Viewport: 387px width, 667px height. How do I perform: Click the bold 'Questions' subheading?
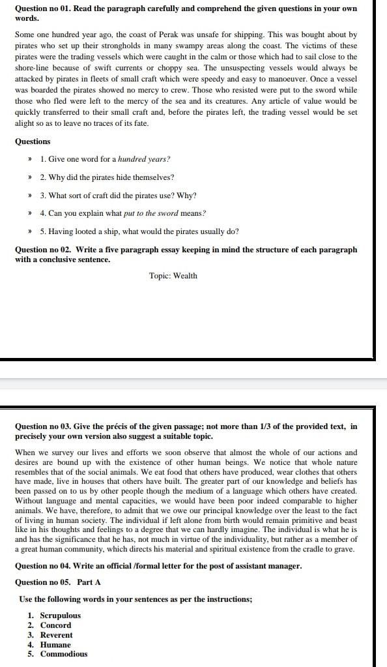pos(33,141)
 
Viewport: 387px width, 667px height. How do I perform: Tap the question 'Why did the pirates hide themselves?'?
pos(107,177)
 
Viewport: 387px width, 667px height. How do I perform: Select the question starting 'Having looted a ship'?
pos(139,231)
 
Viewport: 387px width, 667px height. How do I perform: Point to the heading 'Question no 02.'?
pos(44,250)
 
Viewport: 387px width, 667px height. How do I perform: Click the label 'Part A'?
pos(89,582)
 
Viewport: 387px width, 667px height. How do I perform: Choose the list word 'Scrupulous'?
pos(61,615)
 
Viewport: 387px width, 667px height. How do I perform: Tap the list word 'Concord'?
pos(56,625)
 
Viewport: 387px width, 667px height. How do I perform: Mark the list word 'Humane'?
pos(55,645)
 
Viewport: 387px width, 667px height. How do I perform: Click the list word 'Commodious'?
pos(64,655)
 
